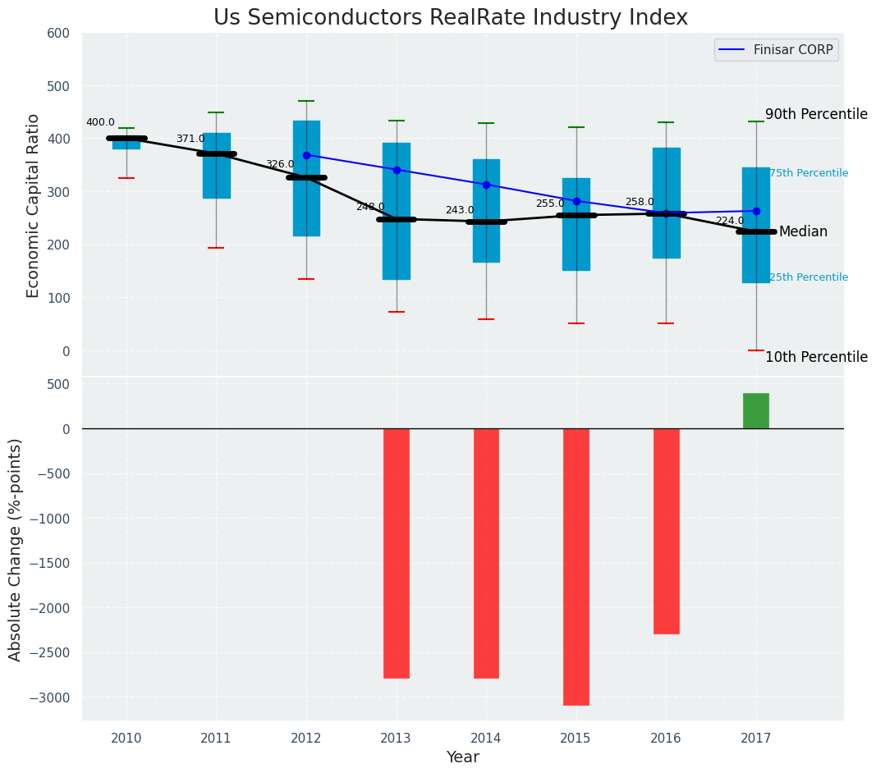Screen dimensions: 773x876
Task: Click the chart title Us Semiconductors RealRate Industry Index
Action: (450, 18)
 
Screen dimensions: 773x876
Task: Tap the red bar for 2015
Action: (576, 566)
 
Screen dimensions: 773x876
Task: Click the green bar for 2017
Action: (755, 411)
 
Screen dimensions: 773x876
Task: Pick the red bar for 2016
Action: (666, 531)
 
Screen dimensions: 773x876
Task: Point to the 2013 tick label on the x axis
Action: (397, 739)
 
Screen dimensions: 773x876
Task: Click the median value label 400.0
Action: (100, 123)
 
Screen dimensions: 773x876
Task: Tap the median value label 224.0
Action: (729, 222)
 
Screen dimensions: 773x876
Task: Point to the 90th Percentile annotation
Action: (816, 115)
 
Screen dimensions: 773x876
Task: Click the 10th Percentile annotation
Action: (816, 358)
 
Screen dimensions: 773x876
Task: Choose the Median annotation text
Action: (803, 232)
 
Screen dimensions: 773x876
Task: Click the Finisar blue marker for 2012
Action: (306, 155)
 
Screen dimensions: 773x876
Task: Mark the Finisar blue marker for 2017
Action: (756, 211)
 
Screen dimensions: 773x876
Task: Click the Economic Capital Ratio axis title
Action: (34, 205)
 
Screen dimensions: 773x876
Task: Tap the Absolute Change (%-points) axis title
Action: (16, 549)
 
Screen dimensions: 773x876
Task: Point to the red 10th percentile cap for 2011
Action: (216, 248)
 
